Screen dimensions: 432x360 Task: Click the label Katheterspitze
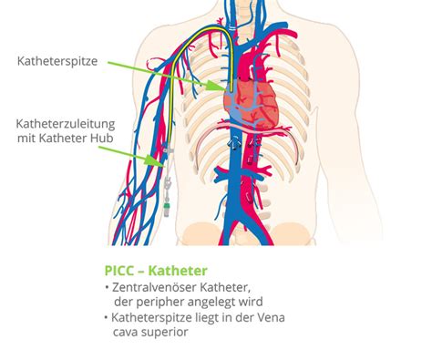tap(57, 61)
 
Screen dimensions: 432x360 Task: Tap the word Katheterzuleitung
tap(66, 124)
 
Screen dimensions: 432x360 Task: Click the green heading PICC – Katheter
tap(156, 271)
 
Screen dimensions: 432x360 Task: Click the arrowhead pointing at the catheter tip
tap(217, 86)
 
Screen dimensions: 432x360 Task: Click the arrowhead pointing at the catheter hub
tap(155, 160)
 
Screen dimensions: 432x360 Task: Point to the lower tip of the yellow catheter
tap(231, 91)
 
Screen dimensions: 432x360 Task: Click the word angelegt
tap(212, 303)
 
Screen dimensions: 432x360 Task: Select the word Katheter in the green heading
tap(178, 271)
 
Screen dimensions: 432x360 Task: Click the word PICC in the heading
tap(119, 271)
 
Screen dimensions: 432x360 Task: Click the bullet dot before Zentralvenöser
tap(107, 287)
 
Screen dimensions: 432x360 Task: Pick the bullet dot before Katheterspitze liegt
tap(106, 317)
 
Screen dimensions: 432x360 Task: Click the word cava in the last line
tap(126, 333)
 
